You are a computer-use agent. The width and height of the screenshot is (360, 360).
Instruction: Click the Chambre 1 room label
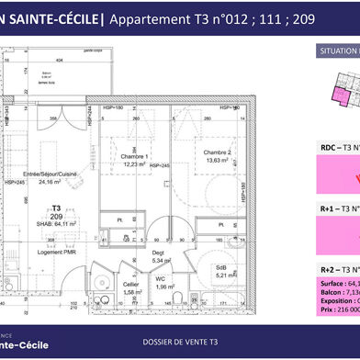click(135, 156)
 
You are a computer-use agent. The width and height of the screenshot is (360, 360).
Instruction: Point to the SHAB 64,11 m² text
click(56, 222)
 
